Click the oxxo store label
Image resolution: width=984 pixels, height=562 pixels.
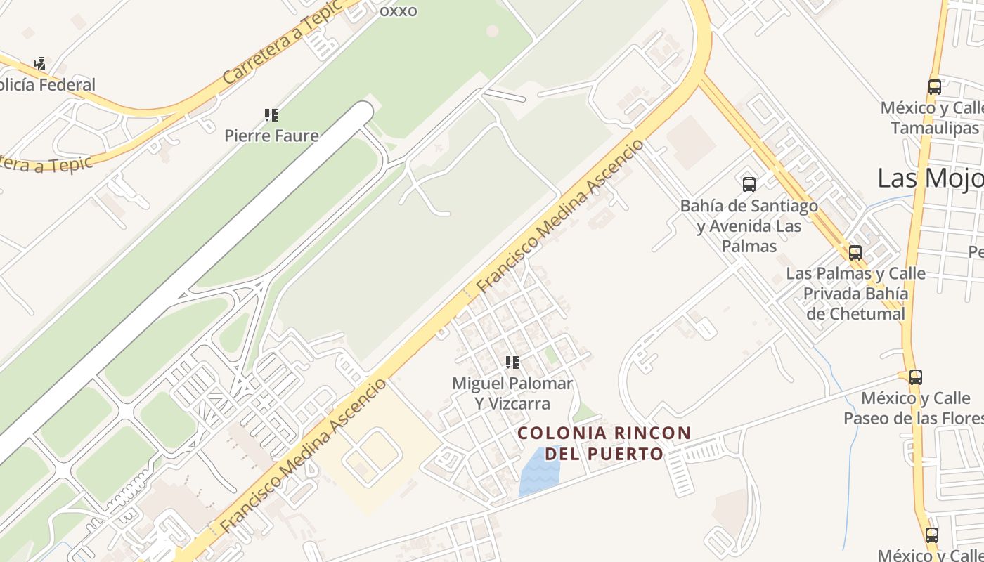click(398, 11)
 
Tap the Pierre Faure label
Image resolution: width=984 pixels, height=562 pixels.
click(271, 136)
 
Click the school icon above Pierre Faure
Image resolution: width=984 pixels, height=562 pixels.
click(271, 115)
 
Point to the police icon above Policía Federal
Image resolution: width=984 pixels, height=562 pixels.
click(40, 64)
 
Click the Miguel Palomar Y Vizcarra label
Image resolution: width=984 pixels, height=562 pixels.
click(512, 393)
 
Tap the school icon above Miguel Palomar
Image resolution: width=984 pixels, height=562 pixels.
click(512, 362)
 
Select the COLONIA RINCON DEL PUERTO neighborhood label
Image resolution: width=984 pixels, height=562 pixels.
click(604, 443)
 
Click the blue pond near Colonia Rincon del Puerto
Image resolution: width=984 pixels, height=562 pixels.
click(538, 473)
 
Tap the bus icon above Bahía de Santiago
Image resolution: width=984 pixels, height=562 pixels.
click(749, 185)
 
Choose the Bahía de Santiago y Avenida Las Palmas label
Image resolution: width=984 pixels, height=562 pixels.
click(749, 226)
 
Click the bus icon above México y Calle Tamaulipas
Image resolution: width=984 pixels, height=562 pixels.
click(934, 87)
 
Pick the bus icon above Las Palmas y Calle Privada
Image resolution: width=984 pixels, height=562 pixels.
click(855, 253)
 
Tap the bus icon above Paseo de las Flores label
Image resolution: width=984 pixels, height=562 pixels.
click(915, 377)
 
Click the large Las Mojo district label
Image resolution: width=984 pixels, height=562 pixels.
click(930, 178)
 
